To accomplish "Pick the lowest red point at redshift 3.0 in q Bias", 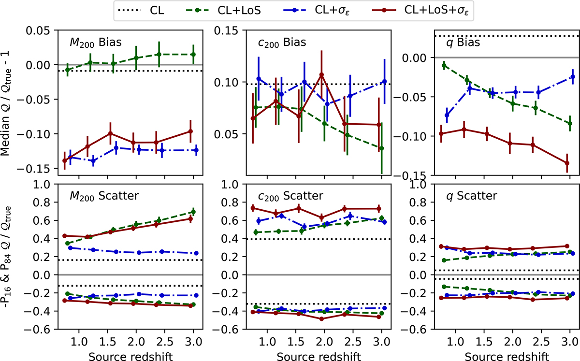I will pos(567,163).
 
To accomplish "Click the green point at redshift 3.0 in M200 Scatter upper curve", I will pos(193,212).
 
